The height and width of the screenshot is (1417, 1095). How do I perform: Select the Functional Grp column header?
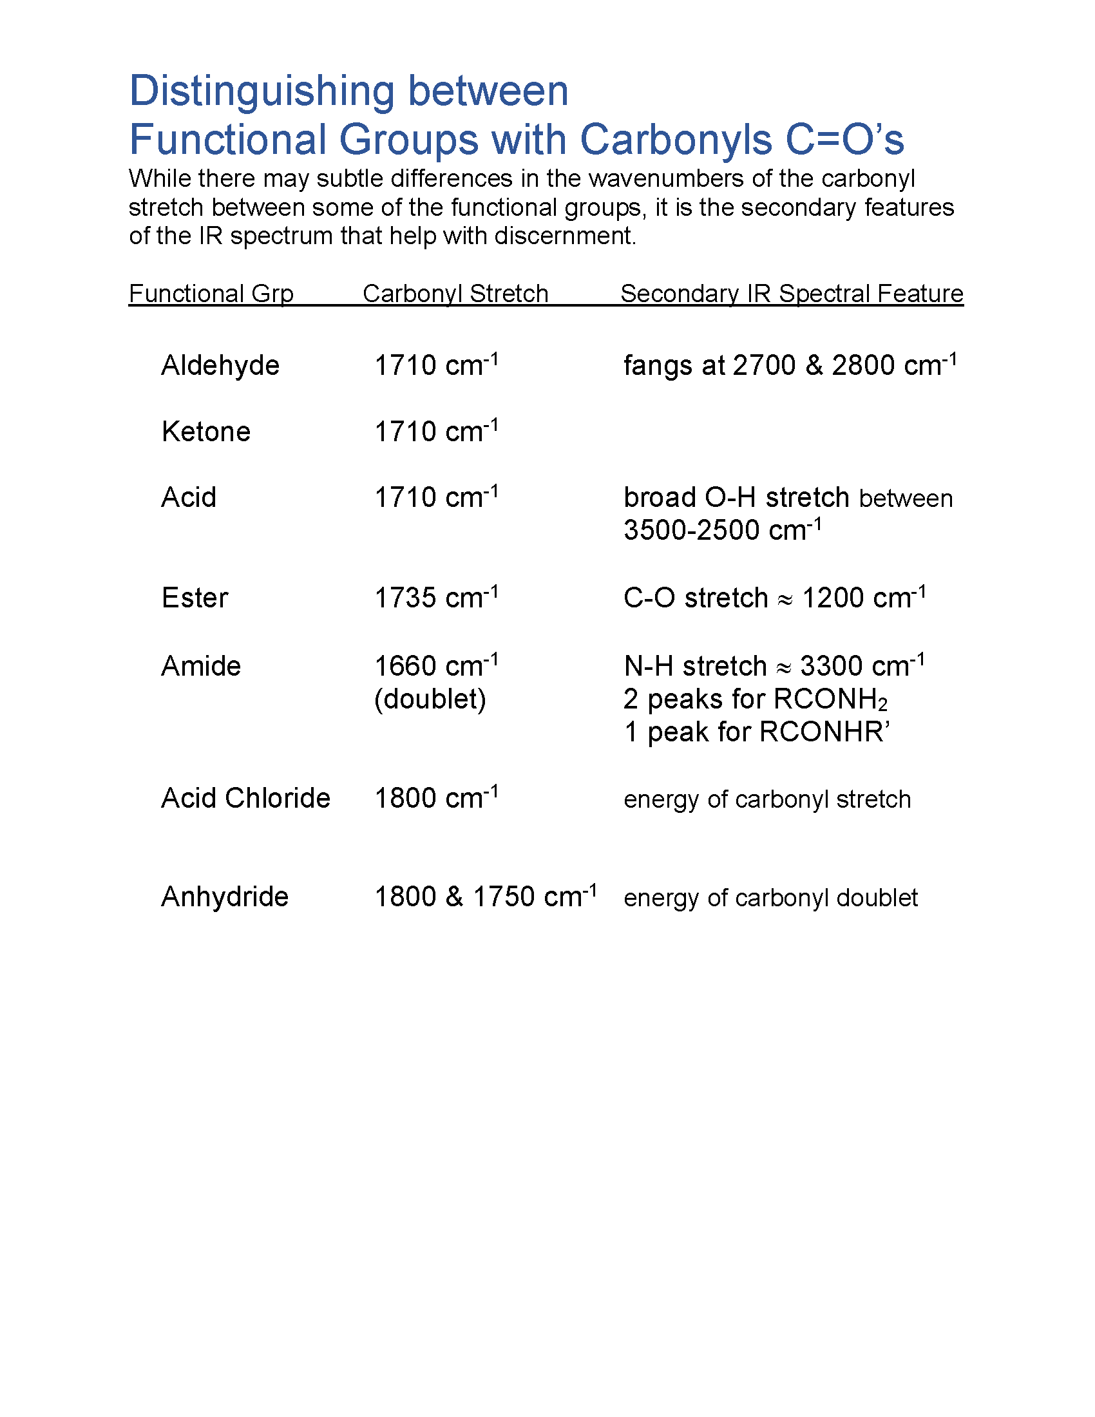(x=211, y=294)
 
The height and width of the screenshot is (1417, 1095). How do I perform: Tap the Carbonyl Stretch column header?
(x=455, y=294)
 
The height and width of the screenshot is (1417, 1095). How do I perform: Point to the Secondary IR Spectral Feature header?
(x=792, y=294)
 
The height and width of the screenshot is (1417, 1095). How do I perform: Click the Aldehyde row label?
(x=220, y=365)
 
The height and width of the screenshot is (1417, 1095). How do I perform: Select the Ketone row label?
(x=205, y=432)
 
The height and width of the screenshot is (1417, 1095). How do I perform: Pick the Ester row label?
(x=195, y=598)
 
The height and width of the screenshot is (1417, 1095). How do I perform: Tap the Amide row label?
(x=200, y=667)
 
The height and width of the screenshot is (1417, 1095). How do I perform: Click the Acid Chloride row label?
(x=245, y=798)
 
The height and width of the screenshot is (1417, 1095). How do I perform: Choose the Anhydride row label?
(x=224, y=897)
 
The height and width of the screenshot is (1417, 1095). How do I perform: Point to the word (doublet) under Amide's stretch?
(x=430, y=699)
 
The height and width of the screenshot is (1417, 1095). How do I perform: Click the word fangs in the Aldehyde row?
(x=654, y=366)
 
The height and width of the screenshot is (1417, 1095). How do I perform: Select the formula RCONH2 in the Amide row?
(x=830, y=699)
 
